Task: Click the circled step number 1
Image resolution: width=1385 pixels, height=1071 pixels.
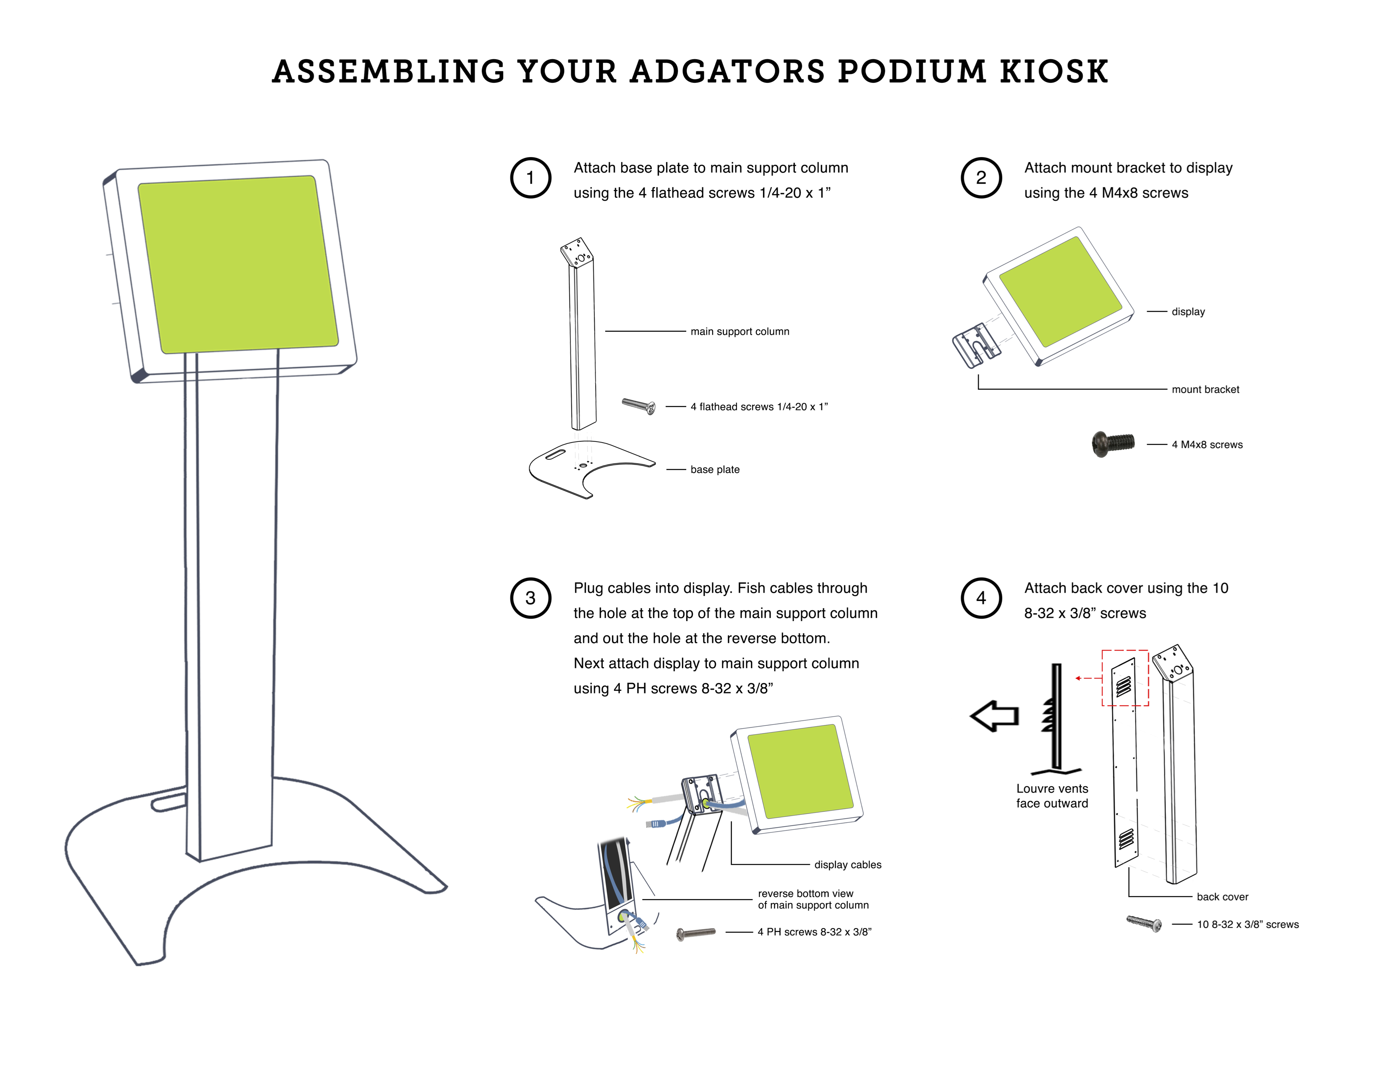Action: [530, 178]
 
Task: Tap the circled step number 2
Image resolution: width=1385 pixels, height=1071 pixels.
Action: [981, 178]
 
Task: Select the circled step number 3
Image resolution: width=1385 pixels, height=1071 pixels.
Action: [530, 598]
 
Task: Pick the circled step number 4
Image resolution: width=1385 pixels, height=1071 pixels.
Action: [981, 598]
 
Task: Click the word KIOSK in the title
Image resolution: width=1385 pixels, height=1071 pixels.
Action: [1053, 72]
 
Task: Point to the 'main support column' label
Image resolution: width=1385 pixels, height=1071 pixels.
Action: [740, 331]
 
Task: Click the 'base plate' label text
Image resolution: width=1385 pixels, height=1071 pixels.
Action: [715, 470]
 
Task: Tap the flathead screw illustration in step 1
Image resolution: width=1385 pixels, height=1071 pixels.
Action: [639, 405]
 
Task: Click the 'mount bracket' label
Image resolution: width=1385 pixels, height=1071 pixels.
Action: [1205, 390]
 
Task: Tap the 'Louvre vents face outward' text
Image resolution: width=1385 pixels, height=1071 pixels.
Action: [1052, 795]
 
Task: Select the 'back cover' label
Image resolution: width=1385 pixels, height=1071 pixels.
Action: [1222, 897]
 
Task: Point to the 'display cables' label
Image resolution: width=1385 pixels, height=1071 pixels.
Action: [847, 865]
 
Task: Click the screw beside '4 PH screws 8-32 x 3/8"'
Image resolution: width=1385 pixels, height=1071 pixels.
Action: [696, 933]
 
